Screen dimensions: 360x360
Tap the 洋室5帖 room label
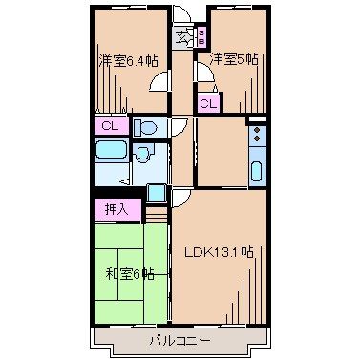click(x=234, y=59)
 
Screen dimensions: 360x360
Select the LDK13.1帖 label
click(x=219, y=252)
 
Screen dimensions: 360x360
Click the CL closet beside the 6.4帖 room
click(x=110, y=126)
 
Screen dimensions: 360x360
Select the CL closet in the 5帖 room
click(x=207, y=103)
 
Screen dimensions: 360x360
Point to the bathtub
click(x=111, y=152)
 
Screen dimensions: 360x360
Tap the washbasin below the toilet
click(x=143, y=154)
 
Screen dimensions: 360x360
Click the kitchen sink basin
click(x=256, y=173)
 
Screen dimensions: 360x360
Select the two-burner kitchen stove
click(x=255, y=137)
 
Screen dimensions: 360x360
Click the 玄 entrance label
click(x=182, y=37)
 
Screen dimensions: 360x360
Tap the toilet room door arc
click(x=179, y=132)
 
